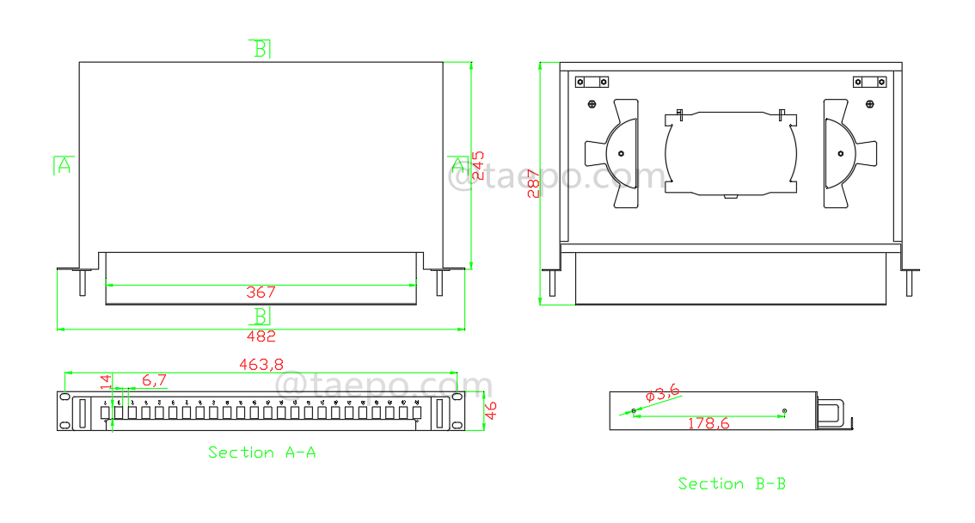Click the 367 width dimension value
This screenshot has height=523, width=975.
click(x=261, y=293)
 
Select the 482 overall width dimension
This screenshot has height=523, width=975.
click(x=261, y=336)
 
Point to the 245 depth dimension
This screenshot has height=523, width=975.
click(x=478, y=166)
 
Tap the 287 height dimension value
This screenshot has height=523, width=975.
click(x=534, y=183)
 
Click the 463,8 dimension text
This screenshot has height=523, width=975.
click(x=261, y=365)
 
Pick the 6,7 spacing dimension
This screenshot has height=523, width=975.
click(x=155, y=379)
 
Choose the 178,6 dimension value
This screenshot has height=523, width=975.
click(x=708, y=423)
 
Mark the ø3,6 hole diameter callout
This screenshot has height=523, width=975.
click(x=662, y=393)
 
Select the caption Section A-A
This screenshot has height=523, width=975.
click(x=261, y=452)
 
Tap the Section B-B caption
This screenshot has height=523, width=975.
click(x=732, y=484)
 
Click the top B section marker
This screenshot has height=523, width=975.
click(x=261, y=48)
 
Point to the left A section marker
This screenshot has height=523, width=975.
click(x=63, y=165)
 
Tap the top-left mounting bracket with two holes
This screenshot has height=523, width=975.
click(x=592, y=83)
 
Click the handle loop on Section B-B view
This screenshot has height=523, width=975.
click(x=833, y=411)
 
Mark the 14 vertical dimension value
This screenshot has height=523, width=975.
click(x=106, y=382)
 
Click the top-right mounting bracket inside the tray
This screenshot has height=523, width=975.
click(x=869, y=83)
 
